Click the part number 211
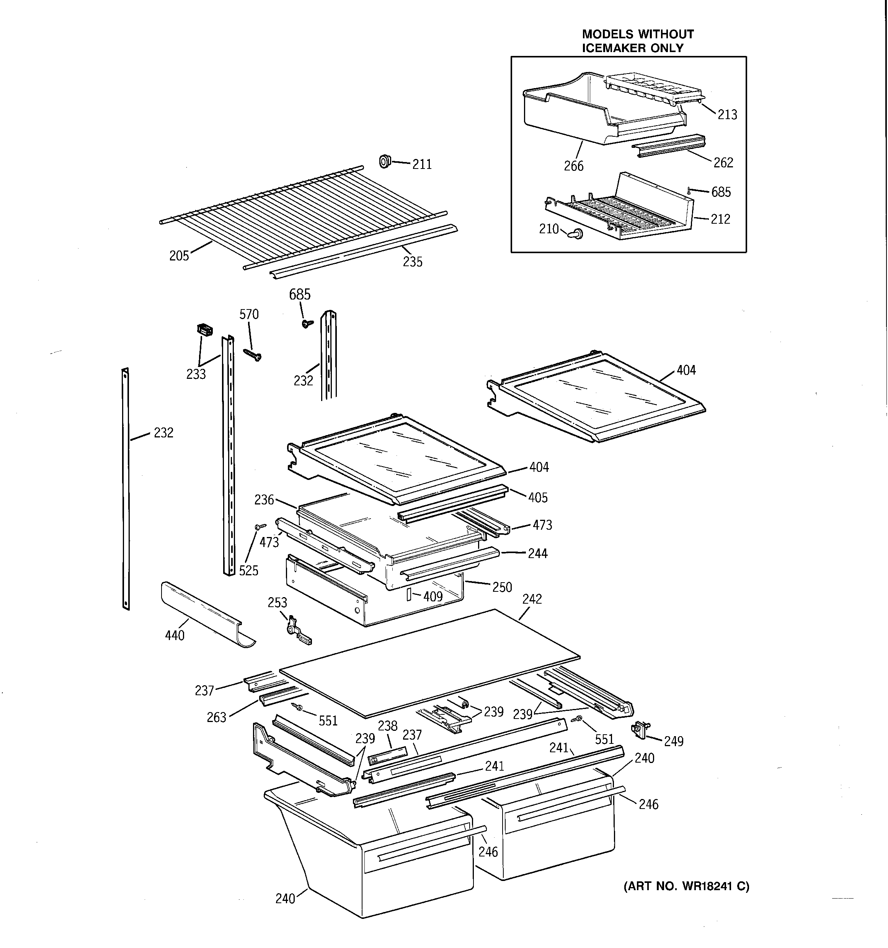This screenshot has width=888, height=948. click(422, 165)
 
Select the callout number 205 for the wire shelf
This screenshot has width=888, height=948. click(179, 256)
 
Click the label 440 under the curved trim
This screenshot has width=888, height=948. click(175, 636)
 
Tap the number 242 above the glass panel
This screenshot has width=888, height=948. click(532, 599)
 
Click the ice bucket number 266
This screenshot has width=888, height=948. click(573, 166)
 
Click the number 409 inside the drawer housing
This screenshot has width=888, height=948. click(433, 596)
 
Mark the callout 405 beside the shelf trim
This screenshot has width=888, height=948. click(538, 498)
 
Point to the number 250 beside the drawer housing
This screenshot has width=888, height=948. click(502, 587)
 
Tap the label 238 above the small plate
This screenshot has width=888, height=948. click(387, 726)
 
